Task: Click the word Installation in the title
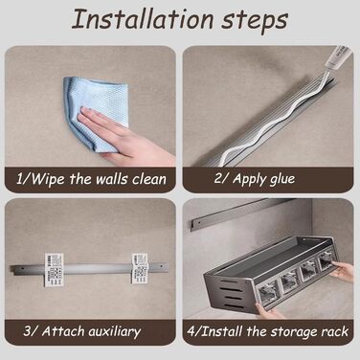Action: tap(143, 19)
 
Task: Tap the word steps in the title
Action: tap(256, 22)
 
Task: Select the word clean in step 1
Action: tap(149, 179)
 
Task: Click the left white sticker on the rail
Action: tap(54, 270)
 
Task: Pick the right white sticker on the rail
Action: tap(140, 268)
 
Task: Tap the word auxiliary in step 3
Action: tap(114, 331)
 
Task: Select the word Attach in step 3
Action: tap(62, 331)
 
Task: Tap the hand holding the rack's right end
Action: tap(342, 270)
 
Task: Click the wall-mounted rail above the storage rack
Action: tap(242, 213)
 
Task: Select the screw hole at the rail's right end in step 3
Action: tap(162, 265)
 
